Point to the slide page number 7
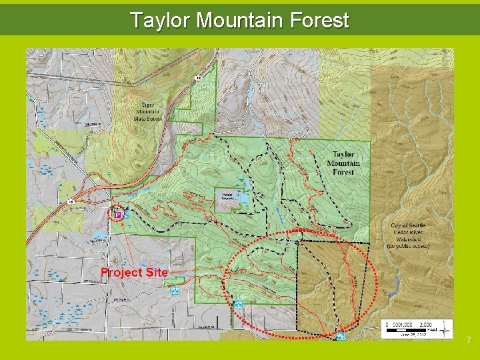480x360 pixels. pos(469,341)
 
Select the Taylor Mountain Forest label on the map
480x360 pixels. pos(343,163)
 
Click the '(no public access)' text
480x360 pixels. pos(407,246)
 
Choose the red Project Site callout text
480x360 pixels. pos(134,272)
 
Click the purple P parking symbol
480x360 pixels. pos(118,215)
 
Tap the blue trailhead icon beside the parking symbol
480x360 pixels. pos(127,215)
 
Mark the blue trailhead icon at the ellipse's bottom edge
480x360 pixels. pos(341,335)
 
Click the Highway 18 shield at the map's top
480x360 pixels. pos(198,79)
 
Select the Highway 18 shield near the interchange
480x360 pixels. pos(71,202)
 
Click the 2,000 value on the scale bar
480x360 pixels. pos(425,323)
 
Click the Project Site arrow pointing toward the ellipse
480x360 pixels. pos(200,269)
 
